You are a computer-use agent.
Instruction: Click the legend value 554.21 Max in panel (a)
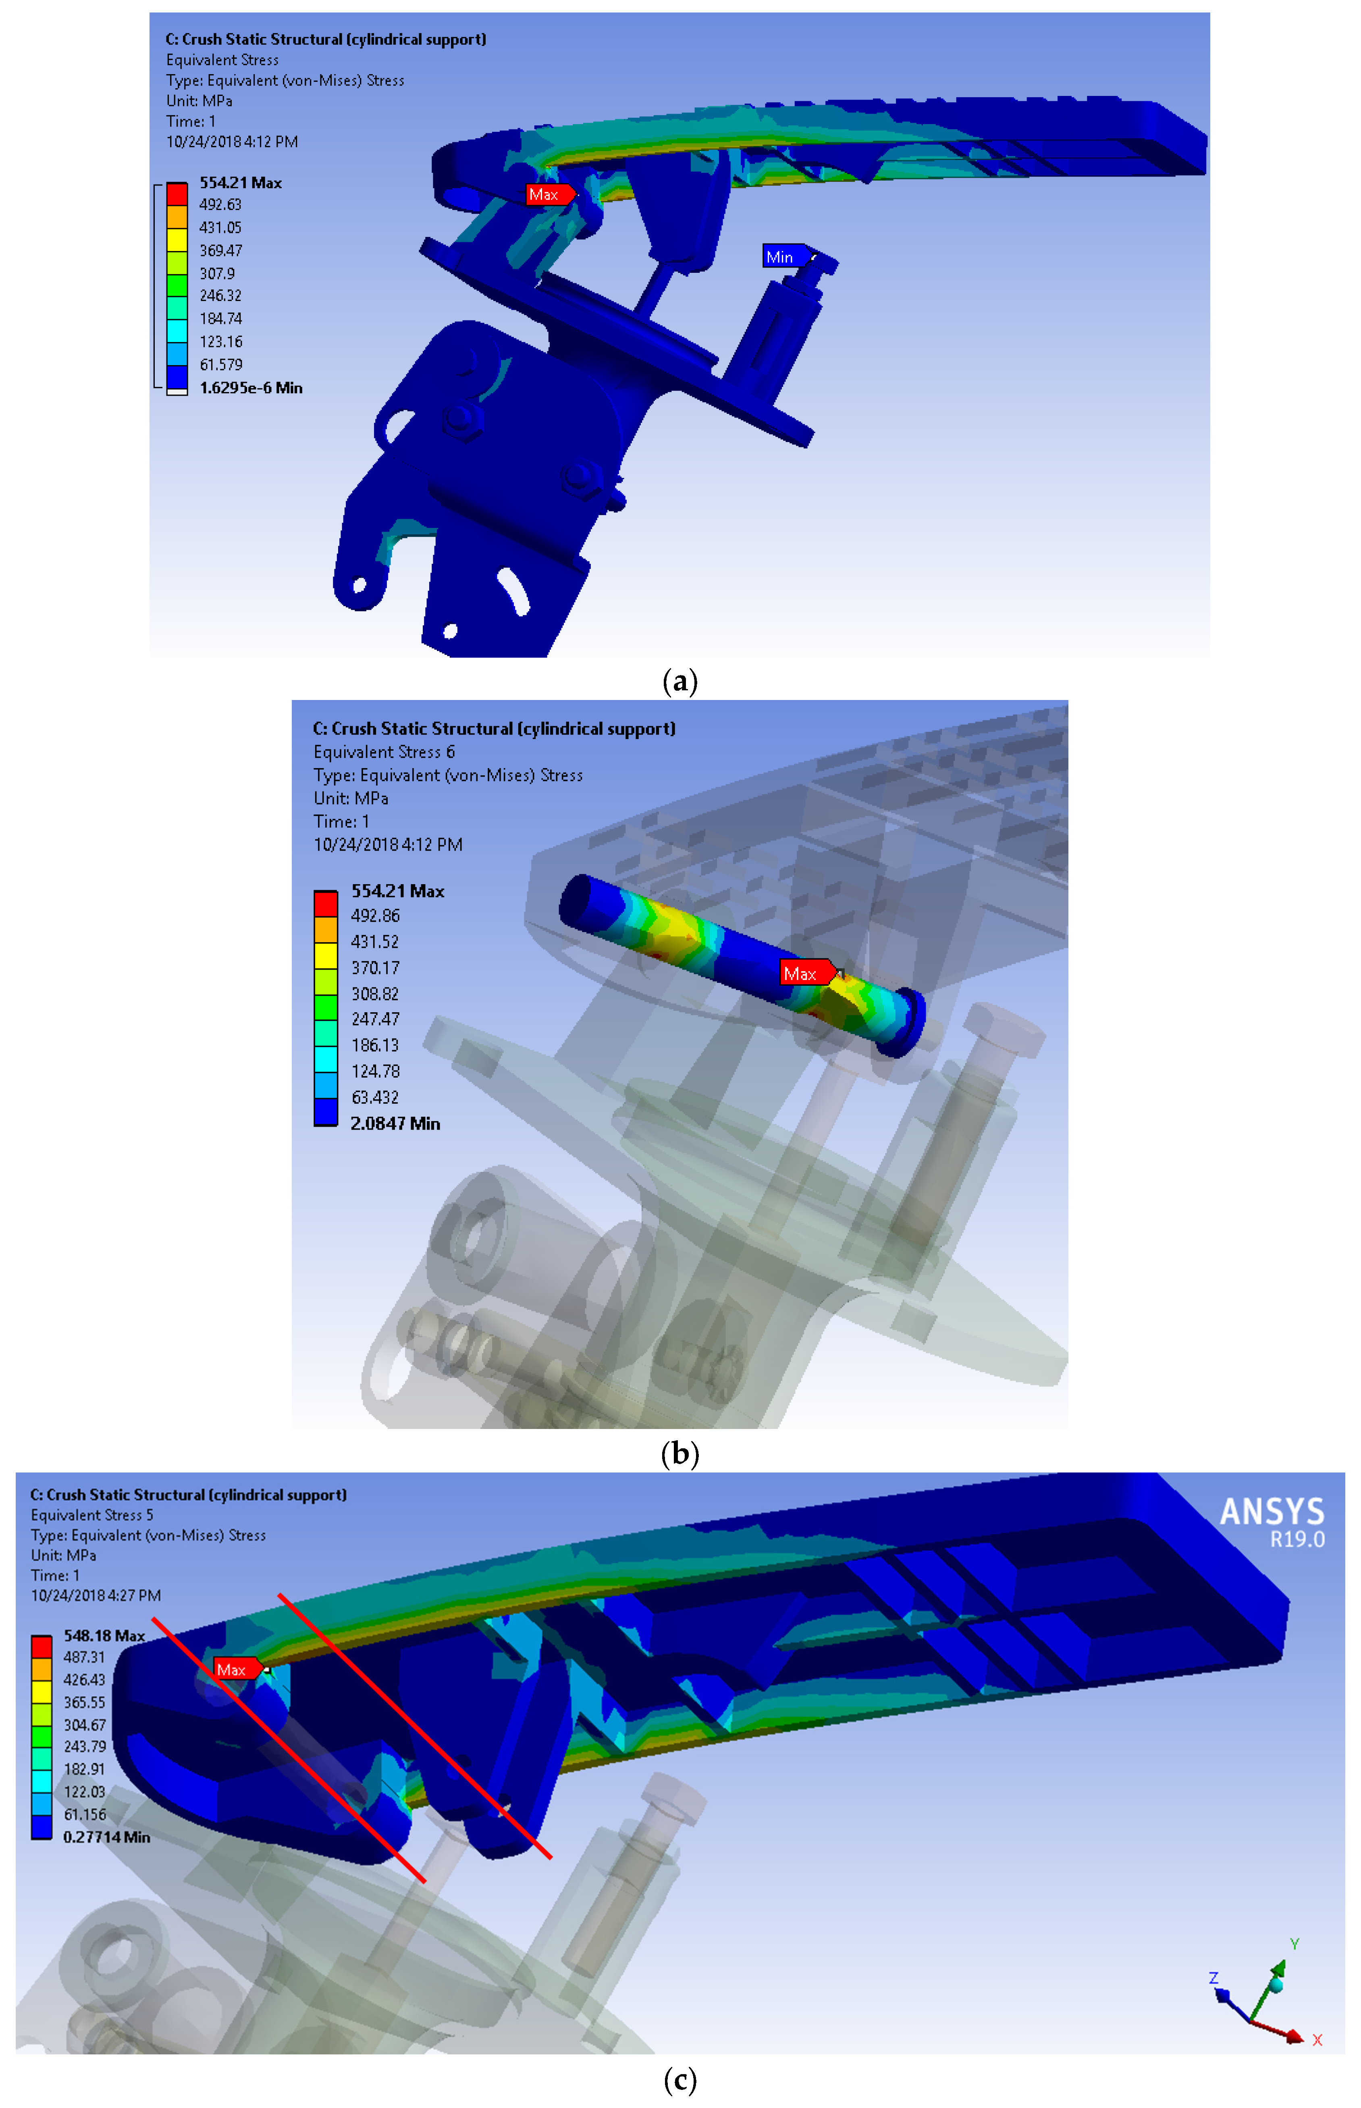(240, 183)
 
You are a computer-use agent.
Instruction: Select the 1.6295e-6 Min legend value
(251, 388)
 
